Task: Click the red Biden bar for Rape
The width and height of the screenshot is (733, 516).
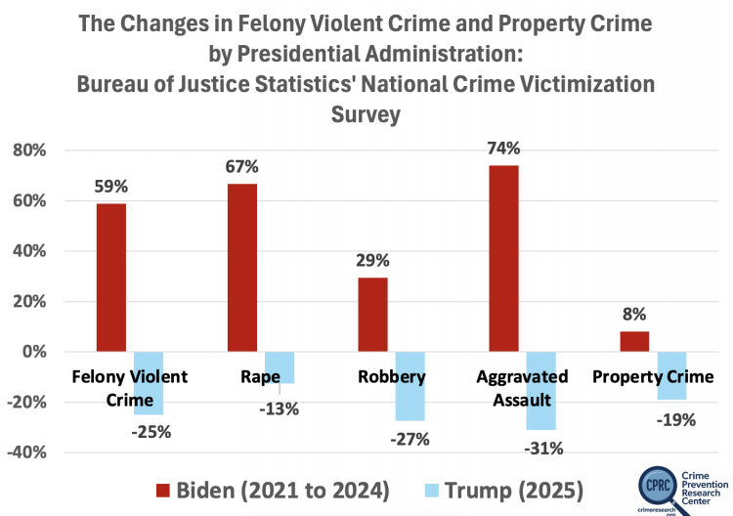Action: [242, 268]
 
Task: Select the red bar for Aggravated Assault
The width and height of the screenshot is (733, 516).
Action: [503, 258]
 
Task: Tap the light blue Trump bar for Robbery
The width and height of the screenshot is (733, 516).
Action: [410, 386]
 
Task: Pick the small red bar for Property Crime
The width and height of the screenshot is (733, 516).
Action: [634, 341]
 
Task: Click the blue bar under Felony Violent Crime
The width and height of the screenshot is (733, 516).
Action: [149, 383]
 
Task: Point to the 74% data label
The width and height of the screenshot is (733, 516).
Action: [503, 149]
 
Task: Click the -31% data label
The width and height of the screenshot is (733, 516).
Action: [543, 449]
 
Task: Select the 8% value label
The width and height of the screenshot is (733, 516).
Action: [634, 314]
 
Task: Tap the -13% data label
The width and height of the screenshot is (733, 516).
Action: [280, 408]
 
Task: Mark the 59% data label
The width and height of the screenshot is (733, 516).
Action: [110, 187]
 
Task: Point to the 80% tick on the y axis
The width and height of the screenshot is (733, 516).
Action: [29, 150]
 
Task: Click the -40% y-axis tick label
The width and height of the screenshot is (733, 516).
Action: [26, 452]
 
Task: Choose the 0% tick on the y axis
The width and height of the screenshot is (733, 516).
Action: [34, 352]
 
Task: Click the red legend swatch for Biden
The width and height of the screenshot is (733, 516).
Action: [163, 491]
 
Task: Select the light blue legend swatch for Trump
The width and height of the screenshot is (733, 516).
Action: [432, 491]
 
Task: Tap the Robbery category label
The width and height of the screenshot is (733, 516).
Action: [392, 376]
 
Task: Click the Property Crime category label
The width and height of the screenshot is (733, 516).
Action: [653, 376]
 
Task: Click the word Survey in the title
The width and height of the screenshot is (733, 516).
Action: [366, 114]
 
